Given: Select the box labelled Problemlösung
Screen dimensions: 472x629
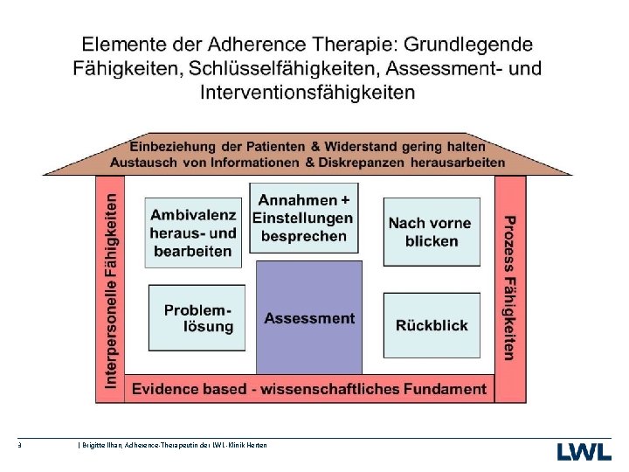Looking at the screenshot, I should (197, 316).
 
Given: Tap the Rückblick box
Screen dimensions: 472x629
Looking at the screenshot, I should (432, 325).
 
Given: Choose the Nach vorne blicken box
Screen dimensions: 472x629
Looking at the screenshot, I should (432, 232).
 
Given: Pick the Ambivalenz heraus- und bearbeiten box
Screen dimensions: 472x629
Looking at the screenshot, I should (193, 233).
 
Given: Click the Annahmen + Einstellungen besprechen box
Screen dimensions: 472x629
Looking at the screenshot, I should (303, 218).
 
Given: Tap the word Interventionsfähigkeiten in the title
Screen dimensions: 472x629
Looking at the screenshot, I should (308, 91).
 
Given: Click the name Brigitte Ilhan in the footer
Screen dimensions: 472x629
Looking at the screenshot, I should (98, 446).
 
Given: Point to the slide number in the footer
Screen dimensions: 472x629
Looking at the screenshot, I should (19, 446).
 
